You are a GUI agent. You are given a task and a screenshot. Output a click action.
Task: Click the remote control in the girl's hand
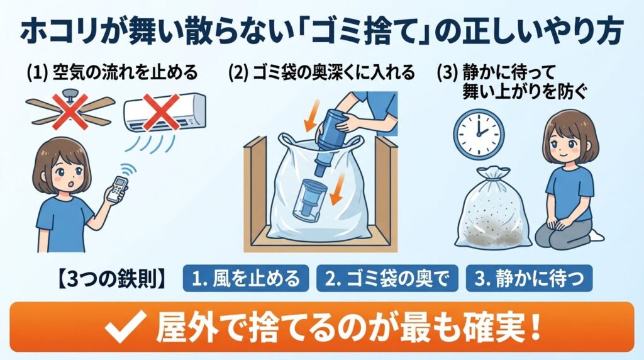118,187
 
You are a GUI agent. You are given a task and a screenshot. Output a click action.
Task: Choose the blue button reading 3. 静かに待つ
528,278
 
